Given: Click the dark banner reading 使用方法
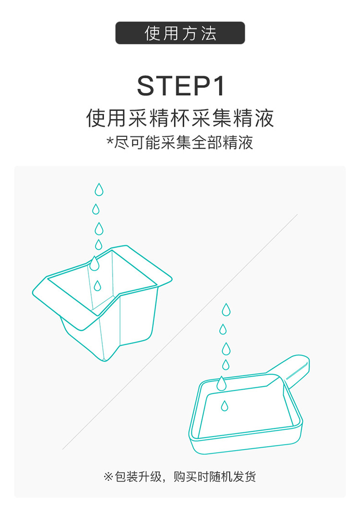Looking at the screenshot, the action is click(180, 33).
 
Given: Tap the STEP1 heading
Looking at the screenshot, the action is click(181, 85).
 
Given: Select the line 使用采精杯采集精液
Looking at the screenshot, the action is click(180, 118).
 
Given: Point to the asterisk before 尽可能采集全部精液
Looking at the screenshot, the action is click(110, 141).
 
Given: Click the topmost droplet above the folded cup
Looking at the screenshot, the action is click(99, 190).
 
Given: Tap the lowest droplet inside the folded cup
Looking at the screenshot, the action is click(97, 286).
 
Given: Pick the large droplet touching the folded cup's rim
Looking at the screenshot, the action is click(95, 264).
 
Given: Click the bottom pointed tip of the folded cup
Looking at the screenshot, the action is click(105, 361).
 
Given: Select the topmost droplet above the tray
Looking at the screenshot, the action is click(226, 310).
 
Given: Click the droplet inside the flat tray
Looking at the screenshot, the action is click(224, 406).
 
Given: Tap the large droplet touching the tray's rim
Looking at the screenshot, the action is click(222, 383).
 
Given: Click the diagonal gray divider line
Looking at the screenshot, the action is click(180, 332).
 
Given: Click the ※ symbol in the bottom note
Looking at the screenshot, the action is click(108, 476).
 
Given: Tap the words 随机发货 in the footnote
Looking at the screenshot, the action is click(232, 476).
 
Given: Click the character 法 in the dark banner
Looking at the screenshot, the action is click(208, 33).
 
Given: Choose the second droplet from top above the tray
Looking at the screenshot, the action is click(223, 330).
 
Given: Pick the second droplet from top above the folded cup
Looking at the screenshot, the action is click(96, 209).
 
